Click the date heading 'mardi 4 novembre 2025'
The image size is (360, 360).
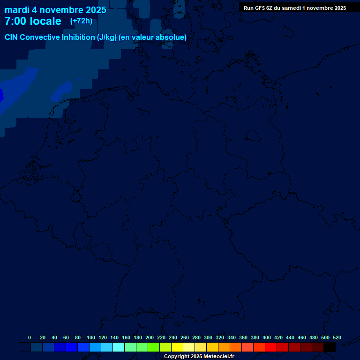point(55,10)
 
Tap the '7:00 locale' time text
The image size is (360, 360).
point(33,21)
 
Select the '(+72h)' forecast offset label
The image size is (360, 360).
point(81,21)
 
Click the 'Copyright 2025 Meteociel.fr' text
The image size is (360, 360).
point(199,357)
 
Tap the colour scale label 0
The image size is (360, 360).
point(30,337)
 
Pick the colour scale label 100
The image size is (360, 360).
point(91,337)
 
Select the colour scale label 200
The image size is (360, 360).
point(150,337)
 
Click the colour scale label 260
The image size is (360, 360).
point(185,337)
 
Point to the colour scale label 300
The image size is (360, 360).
point(208,337)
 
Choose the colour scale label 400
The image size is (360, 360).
point(267,337)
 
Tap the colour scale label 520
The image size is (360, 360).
point(337,337)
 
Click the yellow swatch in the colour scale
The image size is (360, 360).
point(177,347)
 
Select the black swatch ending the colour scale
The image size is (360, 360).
point(330,347)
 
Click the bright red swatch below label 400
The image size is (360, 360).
point(271,347)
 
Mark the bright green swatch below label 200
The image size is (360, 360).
point(154,347)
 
